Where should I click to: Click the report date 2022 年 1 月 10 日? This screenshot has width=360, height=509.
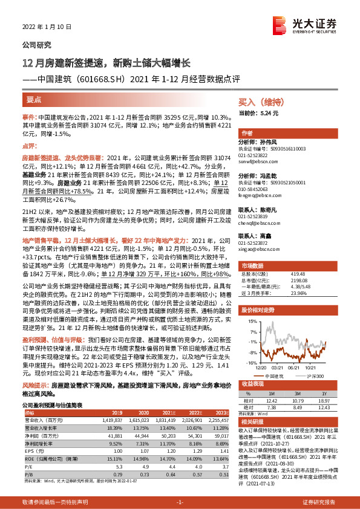(47, 27)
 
